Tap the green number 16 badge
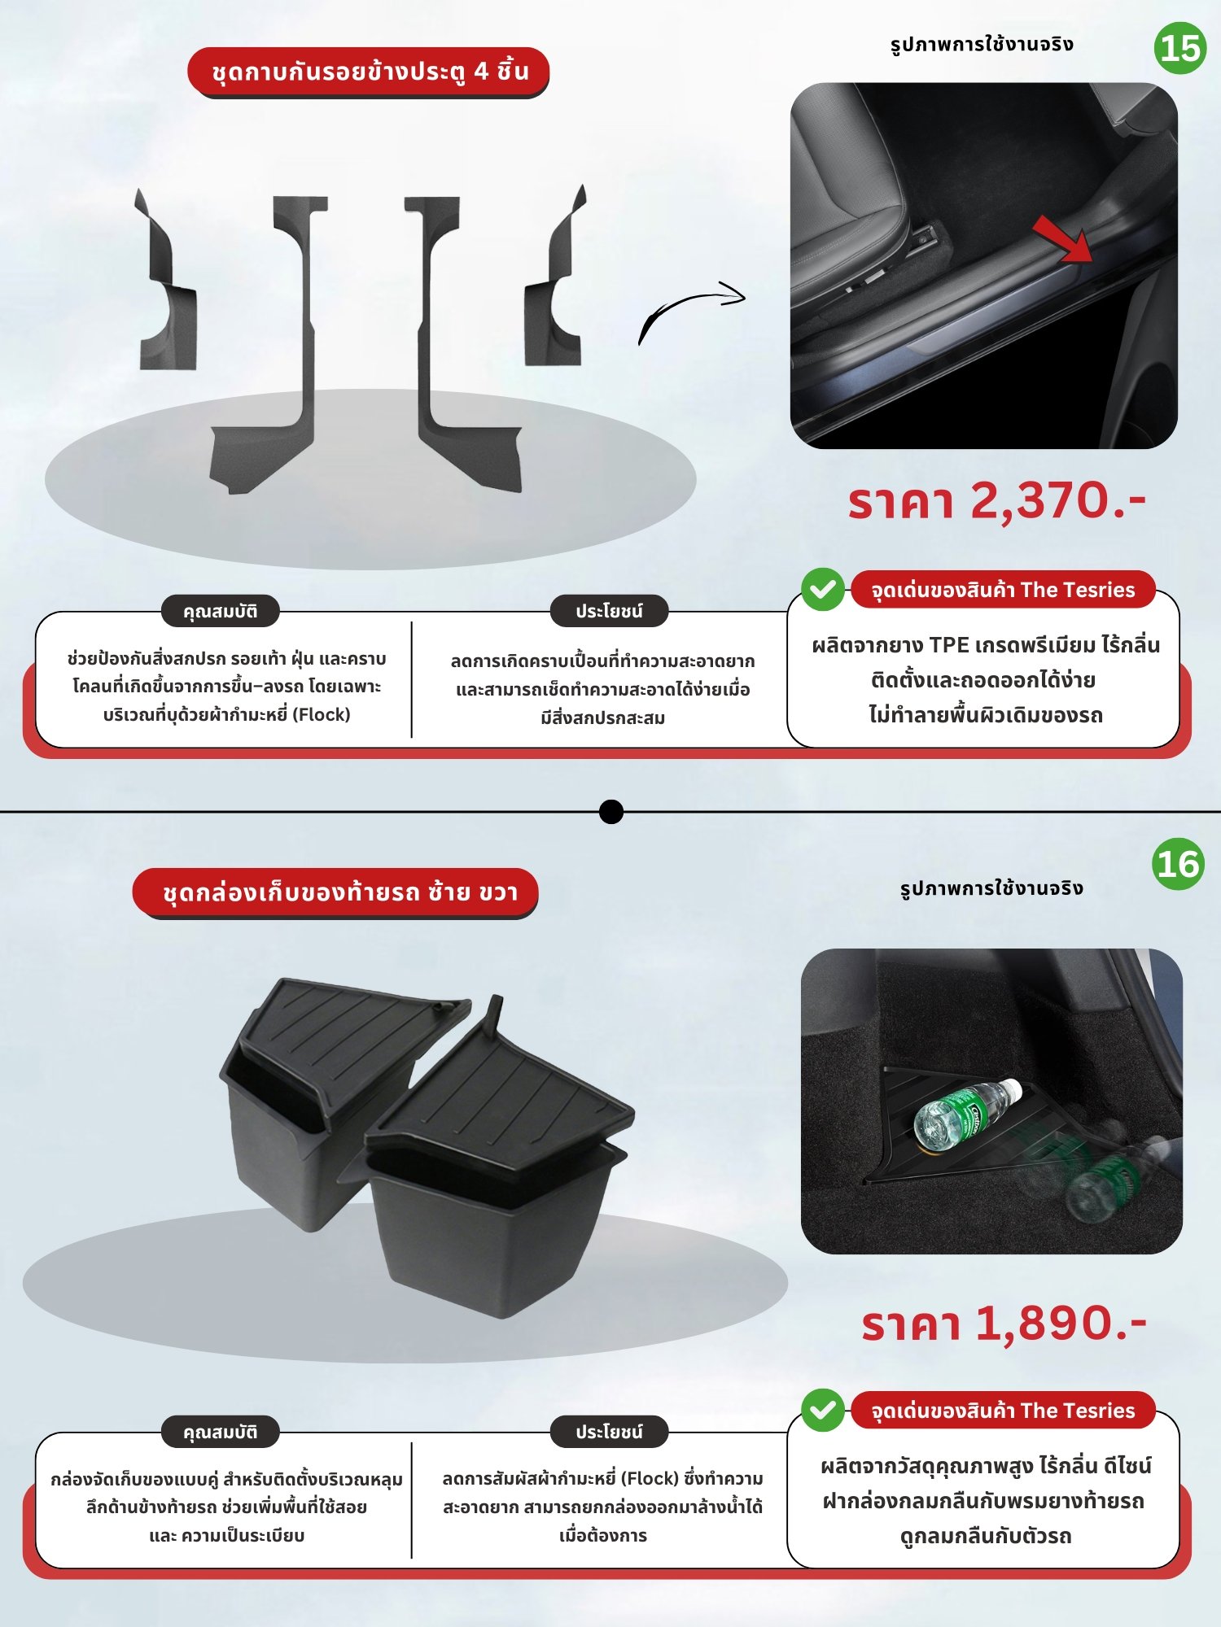[1178, 864]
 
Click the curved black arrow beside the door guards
[690, 312]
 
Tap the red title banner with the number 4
[368, 72]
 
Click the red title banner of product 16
[335, 893]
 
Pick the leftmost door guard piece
[167, 281]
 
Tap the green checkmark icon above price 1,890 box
[822, 1411]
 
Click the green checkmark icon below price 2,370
[822, 589]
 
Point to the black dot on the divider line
[610, 812]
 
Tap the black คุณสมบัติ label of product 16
[220, 1432]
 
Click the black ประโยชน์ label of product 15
[609, 611]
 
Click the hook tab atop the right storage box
[493, 1011]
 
